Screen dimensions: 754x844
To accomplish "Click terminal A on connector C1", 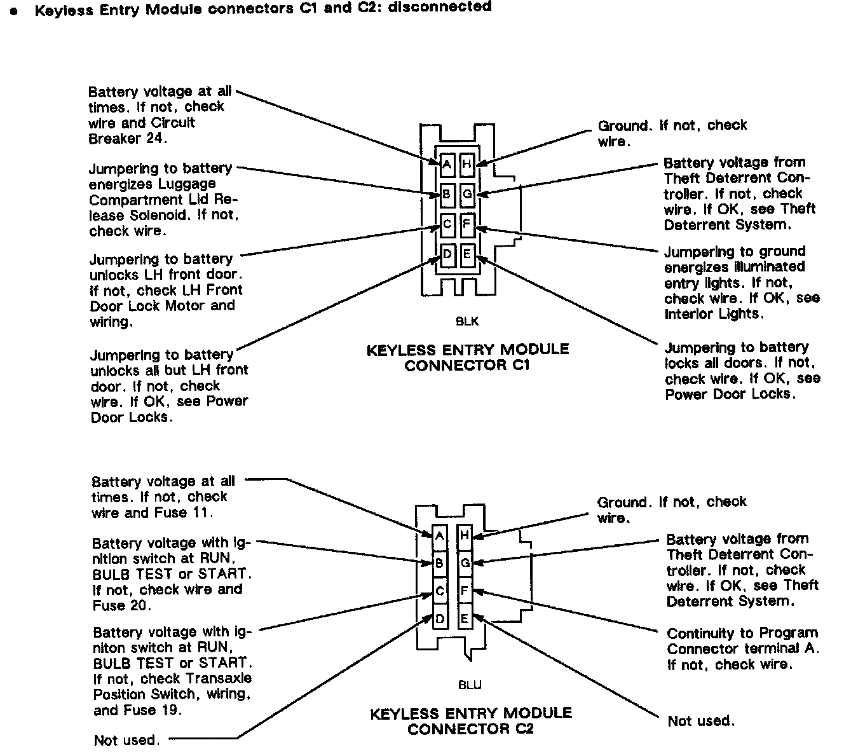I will (x=447, y=165).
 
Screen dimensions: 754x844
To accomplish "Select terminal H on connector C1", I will (x=467, y=165).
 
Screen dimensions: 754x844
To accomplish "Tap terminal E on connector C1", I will (x=467, y=256).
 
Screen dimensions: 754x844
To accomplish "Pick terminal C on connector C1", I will (x=447, y=224).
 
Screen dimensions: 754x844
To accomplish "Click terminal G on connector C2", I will (x=465, y=563).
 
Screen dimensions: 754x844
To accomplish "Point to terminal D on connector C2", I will (x=440, y=619).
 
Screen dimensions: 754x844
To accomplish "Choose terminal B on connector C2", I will (x=440, y=563).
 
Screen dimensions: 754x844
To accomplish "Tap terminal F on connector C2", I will (x=465, y=591).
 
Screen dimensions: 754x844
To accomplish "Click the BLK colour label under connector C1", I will (x=467, y=322).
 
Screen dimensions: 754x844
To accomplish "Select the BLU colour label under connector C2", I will (x=470, y=685).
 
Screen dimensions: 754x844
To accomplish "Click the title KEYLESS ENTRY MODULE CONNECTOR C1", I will (x=468, y=357).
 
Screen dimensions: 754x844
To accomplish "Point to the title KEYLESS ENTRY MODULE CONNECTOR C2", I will (x=471, y=721).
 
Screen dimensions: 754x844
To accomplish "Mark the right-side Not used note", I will (x=701, y=721).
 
